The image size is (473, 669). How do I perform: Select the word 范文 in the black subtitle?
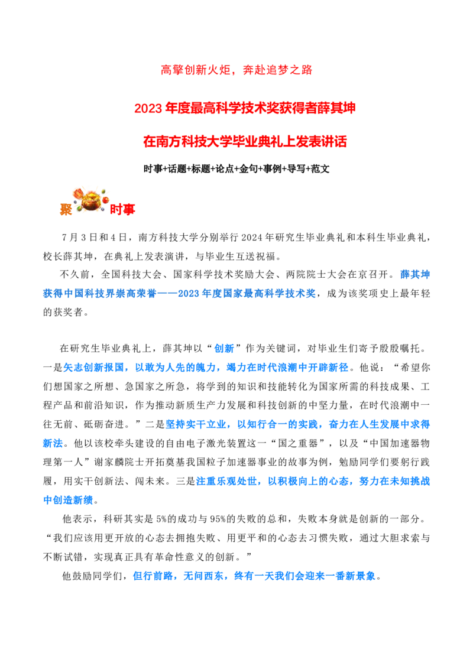coord(320,169)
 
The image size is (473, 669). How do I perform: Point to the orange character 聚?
coord(66,209)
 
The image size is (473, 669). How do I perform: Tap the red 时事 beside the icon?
coord(122,209)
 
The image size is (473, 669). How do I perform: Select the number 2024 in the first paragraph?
coord(253,237)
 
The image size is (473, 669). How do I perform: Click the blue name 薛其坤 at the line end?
coord(415,274)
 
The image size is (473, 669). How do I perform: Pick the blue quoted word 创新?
coord(224,349)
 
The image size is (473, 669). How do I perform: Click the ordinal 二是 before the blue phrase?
coord(155,424)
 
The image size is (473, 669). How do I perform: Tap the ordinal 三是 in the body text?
coord(186,481)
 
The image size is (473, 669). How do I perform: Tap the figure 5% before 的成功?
coord(161,519)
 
